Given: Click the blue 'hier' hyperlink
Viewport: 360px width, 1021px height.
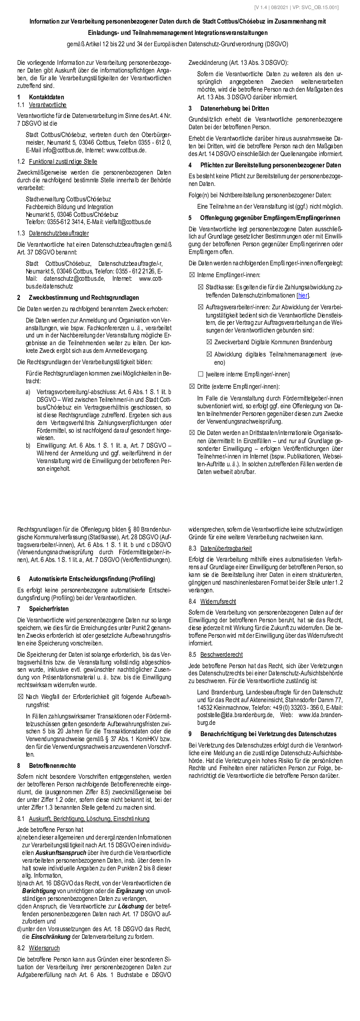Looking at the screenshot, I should (x=303, y=295).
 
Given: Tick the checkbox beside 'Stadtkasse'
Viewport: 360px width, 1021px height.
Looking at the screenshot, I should (x=200, y=287).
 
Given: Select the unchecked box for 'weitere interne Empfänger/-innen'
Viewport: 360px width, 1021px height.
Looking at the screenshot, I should (x=200, y=374).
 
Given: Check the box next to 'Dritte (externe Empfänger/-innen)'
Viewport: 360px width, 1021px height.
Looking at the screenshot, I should (x=192, y=386).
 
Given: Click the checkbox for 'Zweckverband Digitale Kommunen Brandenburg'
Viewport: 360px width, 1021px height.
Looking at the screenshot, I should (x=209, y=342).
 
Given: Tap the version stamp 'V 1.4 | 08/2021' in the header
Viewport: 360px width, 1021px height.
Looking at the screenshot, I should (x=274, y=7).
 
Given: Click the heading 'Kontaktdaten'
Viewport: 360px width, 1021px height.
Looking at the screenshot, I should (x=46, y=97).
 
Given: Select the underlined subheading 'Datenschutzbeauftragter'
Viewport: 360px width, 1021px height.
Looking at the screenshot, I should (x=59, y=233).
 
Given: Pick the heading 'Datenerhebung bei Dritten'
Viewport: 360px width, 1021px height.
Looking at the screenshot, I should (x=234, y=108).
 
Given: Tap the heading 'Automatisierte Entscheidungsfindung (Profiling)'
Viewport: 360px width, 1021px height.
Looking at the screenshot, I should (x=92, y=579).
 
